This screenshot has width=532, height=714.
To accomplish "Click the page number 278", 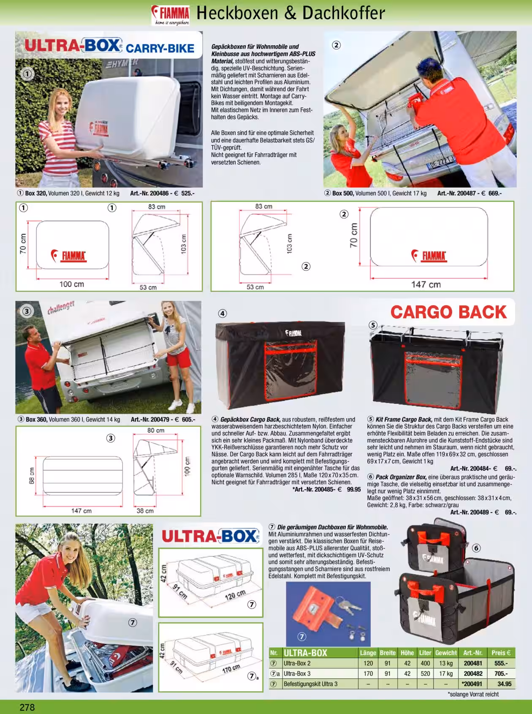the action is click(27, 707).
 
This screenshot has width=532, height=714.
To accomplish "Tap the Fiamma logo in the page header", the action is click(171, 16).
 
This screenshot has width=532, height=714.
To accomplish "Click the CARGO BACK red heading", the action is click(448, 312).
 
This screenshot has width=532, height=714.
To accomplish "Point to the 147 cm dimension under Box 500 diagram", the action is click(426, 284).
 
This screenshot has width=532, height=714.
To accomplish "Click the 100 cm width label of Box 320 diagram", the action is click(72, 284).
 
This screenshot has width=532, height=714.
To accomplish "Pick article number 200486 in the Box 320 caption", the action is click(160, 193).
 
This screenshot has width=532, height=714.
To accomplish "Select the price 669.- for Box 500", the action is click(495, 193).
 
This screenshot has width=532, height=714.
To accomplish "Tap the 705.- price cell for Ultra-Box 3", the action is click(501, 673).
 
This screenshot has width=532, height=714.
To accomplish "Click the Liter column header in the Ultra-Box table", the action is click(425, 653).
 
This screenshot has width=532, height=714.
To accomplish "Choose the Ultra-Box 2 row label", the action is click(297, 663).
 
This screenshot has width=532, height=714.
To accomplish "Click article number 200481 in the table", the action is click(473, 663).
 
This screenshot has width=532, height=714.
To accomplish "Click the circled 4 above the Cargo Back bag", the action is click(223, 313).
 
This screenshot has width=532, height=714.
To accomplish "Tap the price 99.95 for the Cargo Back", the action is click(354, 489).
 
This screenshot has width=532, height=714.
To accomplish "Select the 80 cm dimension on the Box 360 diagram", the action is click(156, 431).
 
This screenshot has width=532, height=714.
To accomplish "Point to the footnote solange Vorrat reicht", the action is click(473, 694).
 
